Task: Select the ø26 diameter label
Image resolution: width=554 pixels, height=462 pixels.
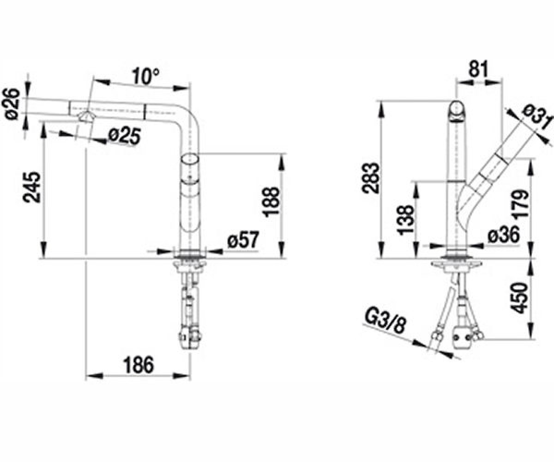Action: click(x=12, y=104)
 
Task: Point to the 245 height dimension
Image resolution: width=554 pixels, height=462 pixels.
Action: click(x=32, y=188)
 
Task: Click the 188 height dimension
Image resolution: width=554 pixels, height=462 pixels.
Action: click(x=272, y=202)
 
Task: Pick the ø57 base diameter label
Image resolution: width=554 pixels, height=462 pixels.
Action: click(x=243, y=239)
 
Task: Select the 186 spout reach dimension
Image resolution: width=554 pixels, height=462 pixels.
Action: click(x=139, y=365)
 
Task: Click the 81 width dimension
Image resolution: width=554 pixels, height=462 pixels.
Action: click(x=478, y=69)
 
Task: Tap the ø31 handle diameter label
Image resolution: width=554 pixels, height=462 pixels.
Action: click(x=538, y=119)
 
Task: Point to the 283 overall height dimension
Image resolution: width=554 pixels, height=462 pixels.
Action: click(x=370, y=178)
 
